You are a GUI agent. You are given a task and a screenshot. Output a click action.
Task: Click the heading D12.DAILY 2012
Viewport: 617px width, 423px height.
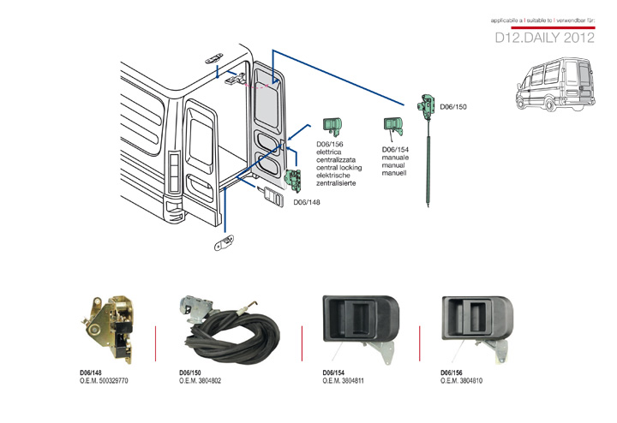[544, 39]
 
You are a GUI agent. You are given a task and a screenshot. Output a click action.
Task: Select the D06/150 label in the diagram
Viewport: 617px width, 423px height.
[453, 107]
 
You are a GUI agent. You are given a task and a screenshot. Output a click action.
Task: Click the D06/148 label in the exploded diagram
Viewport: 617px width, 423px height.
[307, 203]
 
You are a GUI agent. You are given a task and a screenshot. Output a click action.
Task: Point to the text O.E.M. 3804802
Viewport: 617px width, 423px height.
[201, 380]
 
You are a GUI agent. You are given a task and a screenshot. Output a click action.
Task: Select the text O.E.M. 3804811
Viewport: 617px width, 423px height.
[344, 380]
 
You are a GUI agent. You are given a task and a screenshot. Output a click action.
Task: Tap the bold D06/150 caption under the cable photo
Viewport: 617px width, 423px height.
[190, 372]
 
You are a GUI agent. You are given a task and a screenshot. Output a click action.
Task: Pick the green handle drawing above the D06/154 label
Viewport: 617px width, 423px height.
[393, 126]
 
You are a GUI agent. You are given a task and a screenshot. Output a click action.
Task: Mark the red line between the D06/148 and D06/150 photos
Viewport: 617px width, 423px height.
[155, 339]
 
